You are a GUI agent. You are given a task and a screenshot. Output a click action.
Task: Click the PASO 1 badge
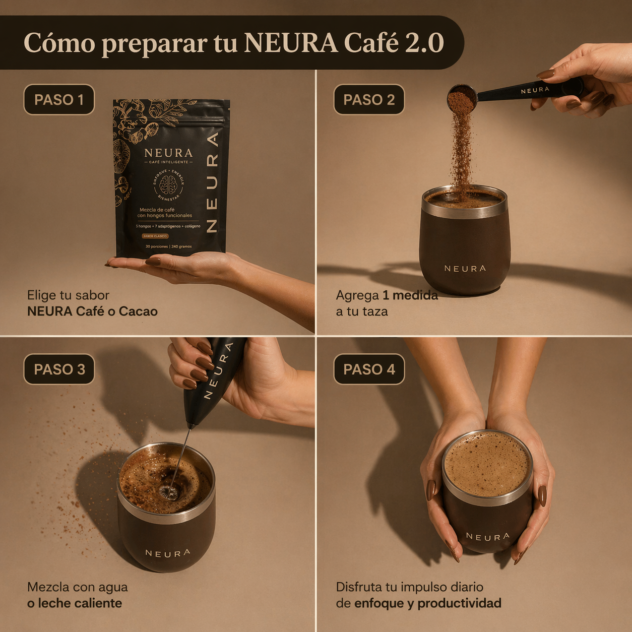pyautogui.click(x=59, y=100)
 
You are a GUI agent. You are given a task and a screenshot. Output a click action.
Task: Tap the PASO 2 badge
pyautogui.click(x=369, y=100)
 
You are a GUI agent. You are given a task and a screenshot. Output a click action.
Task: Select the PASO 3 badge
pyautogui.click(x=59, y=369)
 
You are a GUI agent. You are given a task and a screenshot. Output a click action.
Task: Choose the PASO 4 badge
pyautogui.click(x=369, y=369)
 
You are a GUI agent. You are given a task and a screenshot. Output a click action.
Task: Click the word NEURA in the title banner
pyautogui.click(x=291, y=43)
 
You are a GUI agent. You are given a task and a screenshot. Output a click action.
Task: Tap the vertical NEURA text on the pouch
pyautogui.click(x=212, y=181)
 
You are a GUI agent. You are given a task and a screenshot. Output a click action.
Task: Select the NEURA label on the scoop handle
pyautogui.click(x=535, y=90)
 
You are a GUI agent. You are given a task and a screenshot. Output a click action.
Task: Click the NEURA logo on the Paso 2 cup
pyautogui.click(x=465, y=269)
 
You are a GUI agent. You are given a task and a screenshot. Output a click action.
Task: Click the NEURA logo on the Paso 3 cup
pyautogui.click(x=168, y=553)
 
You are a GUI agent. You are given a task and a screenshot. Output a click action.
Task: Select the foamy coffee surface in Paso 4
pyautogui.click(x=487, y=464)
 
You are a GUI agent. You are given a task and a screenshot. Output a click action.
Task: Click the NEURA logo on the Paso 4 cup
pyautogui.click(x=487, y=537)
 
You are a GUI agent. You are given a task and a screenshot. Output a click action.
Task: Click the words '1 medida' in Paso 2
pyautogui.click(x=410, y=295)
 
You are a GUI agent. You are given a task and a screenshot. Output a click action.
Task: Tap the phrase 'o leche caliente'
pyautogui.click(x=75, y=603)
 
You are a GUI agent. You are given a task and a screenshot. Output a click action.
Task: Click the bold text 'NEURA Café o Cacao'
pyautogui.click(x=92, y=311)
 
